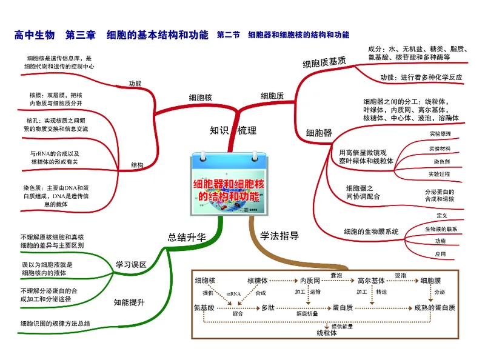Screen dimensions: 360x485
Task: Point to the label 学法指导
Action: pos(279,236)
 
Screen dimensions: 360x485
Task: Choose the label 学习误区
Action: pos(131,264)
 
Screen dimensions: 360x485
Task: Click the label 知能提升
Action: pos(129,302)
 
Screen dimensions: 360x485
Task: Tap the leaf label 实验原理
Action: pos(440,133)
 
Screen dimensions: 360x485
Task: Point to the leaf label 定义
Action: pos(441,216)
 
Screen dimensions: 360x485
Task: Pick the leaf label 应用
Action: pos(440,254)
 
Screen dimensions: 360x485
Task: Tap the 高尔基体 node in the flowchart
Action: pos(371,281)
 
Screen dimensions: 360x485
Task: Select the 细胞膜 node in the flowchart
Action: pos(435,281)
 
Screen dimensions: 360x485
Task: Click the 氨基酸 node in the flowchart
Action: pos(205,308)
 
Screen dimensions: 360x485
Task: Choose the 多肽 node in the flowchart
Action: pos(267,308)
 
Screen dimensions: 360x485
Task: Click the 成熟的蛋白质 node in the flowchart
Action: pos(435,308)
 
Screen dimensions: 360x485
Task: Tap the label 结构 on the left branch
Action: pos(137,165)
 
